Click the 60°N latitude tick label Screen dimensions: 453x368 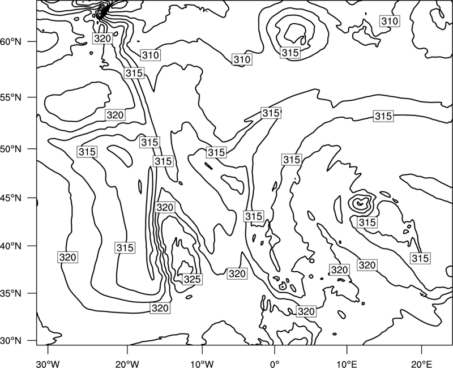click(x=11, y=42)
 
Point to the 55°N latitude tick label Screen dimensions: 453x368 click(x=11, y=97)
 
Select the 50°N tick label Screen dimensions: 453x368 click(x=11, y=149)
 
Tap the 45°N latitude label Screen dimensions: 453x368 click(x=11, y=198)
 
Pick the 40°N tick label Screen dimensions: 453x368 click(x=11, y=246)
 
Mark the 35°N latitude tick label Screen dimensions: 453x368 click(x=11, y=293)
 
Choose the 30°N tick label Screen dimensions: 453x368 click(x=11, y=341)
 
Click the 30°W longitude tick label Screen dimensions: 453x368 click(x=48, y=363)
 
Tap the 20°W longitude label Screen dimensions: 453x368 click(x=127, y=363)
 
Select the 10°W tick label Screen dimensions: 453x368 click(x=202, y=363)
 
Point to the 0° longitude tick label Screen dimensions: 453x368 click(x=275, y=363)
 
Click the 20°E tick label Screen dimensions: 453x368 click(x=421, y=363)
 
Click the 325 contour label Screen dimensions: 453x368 click(x=192, y=279)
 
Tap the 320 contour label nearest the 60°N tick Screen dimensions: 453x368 click(x=102, y=38)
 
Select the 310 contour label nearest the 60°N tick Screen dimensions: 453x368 click(x=151, y=55)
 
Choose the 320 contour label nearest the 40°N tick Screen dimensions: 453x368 click(x=67, y=257)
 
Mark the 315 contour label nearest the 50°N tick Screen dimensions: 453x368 click(x=87, y=152)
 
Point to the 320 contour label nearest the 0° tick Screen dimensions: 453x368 click(x=306, y=311)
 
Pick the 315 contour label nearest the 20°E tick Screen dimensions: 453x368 click(x=420, y=258)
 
